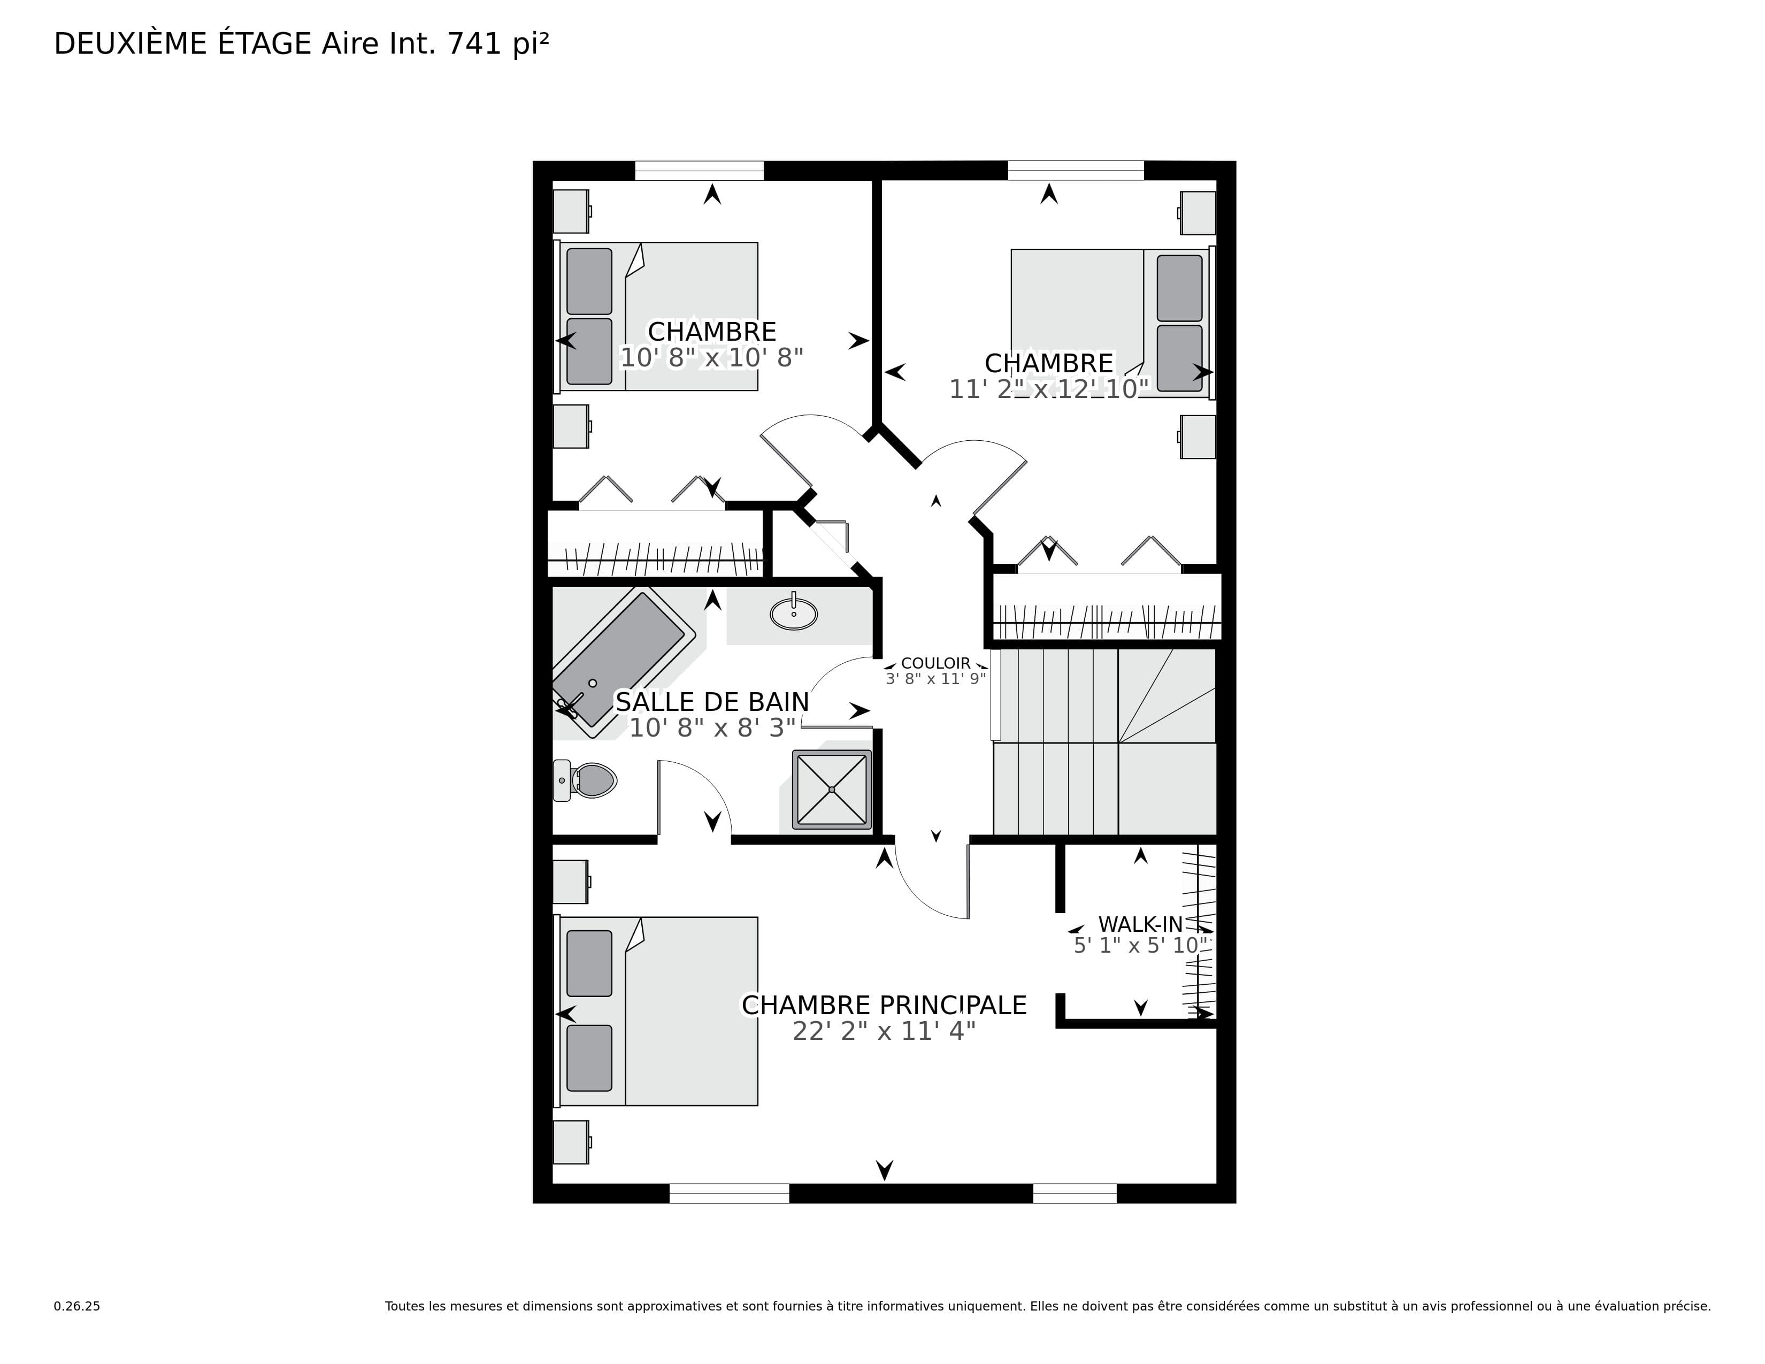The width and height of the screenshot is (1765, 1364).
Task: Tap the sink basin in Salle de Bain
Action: (x=794, y=612)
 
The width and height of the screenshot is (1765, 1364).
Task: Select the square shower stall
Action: (x=832, y=790)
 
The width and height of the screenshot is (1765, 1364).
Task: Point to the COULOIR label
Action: (x=936, y=663)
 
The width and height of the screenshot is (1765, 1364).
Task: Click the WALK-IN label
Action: (x=1140, y=924)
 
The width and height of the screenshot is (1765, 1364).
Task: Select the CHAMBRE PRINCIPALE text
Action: (x=884, y=1005)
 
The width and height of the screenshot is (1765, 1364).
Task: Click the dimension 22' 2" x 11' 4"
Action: (x=884, y=1032)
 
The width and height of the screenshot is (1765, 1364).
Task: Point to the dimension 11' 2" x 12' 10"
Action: (x=1049, y=389)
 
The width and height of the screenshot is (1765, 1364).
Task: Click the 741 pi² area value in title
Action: (x=498, y=44)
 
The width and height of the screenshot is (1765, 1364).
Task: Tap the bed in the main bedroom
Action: (x=657, y=1011)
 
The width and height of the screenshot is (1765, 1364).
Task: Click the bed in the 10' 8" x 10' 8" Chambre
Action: (x=657, y=317)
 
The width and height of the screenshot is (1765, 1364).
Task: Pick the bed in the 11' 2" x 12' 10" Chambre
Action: (x=1113, y=323)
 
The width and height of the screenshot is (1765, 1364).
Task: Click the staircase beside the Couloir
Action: (x=1104, y=742)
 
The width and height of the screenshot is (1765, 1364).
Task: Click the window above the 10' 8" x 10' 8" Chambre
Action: (x=699, y=171)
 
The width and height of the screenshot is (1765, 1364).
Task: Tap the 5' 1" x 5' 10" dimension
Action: (x=1140, y=945)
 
